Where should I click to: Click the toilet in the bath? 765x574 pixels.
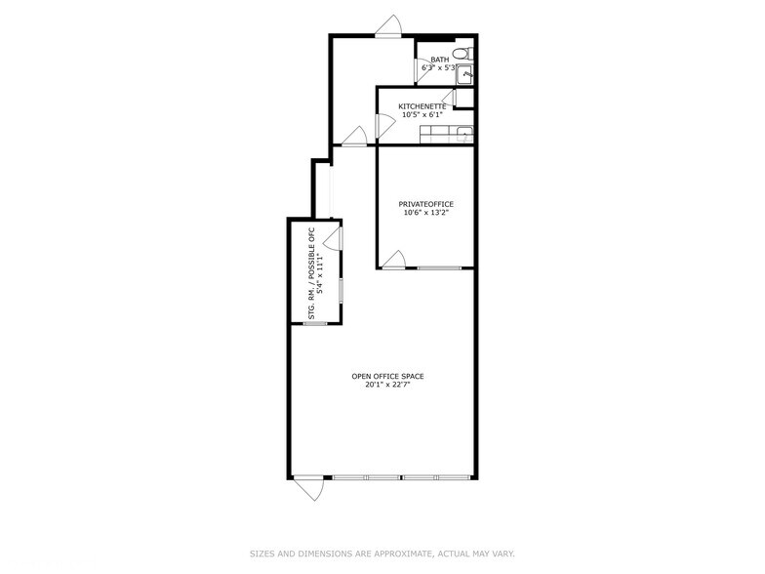467,51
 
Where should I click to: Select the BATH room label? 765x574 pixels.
440,60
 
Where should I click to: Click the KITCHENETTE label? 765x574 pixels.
422,105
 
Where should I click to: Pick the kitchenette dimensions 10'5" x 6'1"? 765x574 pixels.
422,114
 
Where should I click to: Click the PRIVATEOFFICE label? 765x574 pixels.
425,204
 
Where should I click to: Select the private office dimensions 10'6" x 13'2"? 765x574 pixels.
425,213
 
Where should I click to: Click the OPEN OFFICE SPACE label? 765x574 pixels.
387,376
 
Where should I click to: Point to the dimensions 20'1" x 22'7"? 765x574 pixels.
387,385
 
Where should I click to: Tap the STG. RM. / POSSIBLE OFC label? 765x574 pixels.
311,273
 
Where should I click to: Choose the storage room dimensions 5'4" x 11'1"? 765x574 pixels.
320,273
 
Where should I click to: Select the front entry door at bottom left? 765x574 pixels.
310,487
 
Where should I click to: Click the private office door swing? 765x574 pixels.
393,259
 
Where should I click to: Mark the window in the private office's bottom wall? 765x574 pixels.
440,267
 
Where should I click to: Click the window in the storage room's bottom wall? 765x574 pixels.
314,323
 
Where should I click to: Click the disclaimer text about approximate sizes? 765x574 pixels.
382,553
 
